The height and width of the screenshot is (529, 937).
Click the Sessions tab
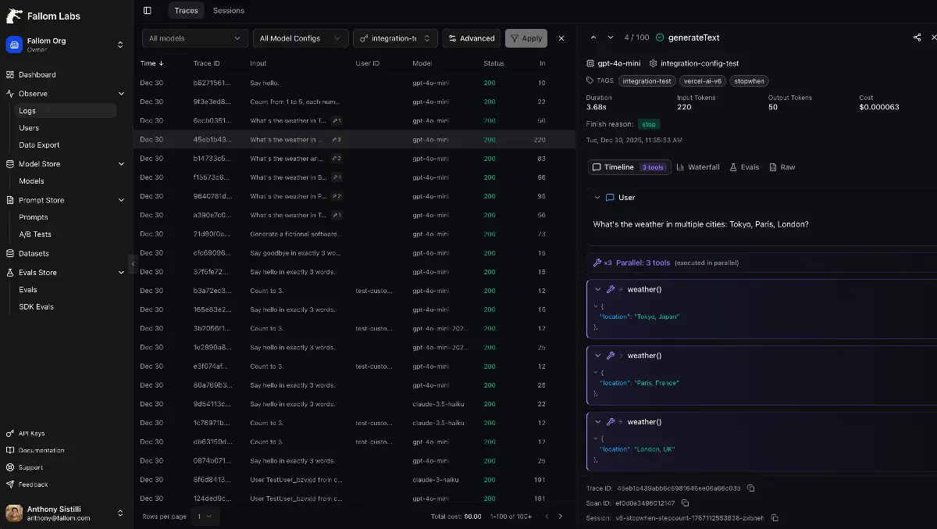tap(229, 11)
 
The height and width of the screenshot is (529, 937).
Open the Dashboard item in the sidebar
tap(37, 75)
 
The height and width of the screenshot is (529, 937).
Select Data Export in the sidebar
tap(39, 145)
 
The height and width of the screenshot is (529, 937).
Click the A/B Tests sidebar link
tap(35, 234)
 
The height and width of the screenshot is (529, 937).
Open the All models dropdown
tap(195, 38)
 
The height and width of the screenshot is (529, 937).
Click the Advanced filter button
tap(471, 38)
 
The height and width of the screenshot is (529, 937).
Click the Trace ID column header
tap(207, 63)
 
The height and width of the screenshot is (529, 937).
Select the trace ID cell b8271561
tap(212, 83)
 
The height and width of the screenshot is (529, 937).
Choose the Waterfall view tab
tap(698, 167)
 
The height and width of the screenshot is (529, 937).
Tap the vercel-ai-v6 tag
tap(704, 81)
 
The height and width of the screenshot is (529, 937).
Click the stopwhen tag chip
tap(749, 81)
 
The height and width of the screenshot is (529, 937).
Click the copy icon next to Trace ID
tap(751, 488)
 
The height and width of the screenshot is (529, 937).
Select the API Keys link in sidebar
tap(31, 433)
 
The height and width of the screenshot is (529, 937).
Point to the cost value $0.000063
tap(879, 107)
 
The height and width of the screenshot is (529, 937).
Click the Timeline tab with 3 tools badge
tap(629, 167)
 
